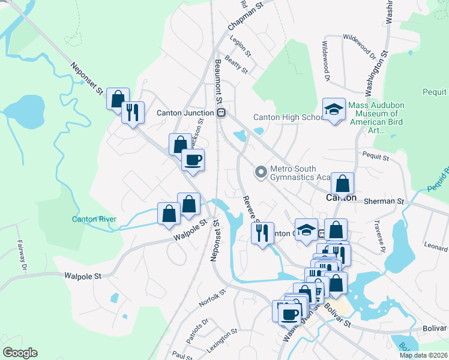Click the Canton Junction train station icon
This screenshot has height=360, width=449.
pos(221,113)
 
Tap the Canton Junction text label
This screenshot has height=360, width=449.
pos(185,113)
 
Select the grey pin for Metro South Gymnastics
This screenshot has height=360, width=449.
pos(261,172)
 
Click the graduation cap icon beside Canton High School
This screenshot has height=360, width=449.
pos(334,109)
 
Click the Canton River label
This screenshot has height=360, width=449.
pos(94,219)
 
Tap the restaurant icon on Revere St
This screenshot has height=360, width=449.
pos(262,232)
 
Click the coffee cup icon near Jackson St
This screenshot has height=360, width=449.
pos(193,160)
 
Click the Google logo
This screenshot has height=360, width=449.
pos(20,353)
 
